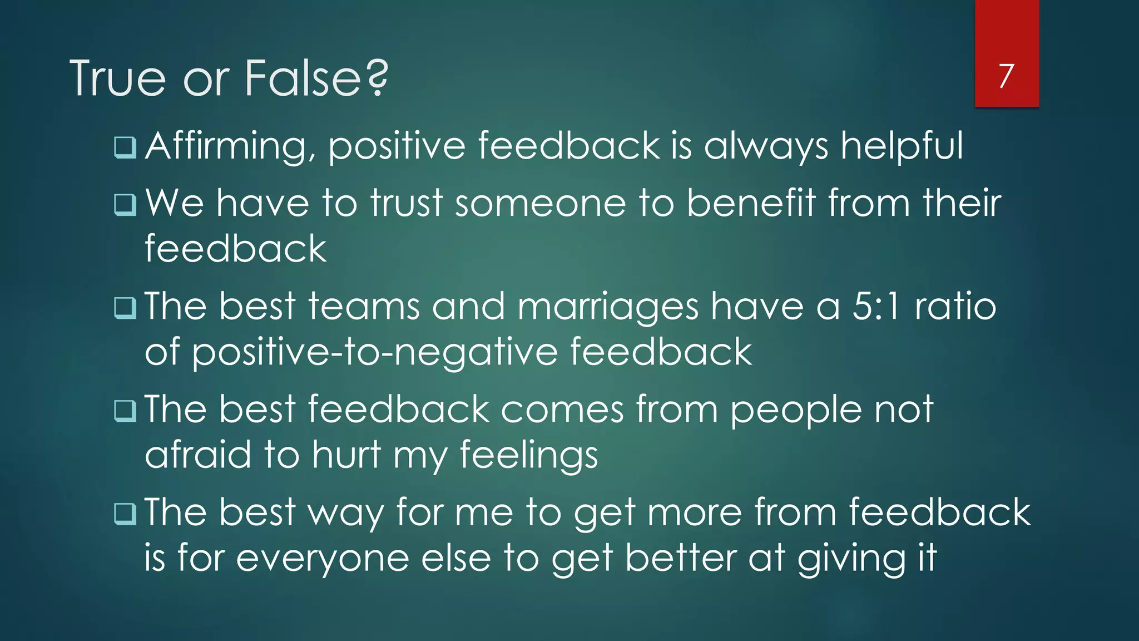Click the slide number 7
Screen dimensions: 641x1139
point(1006,76)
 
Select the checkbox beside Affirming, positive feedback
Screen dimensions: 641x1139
point(125,147)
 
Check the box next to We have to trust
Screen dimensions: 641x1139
point(125,204)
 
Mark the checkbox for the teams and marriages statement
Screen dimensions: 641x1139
point(125,308)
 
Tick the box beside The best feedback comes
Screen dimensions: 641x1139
point(125,411)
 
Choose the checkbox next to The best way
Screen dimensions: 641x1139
point(125,514)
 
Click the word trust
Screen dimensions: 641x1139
point(407,203)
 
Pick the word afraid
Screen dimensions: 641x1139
point(197,455)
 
